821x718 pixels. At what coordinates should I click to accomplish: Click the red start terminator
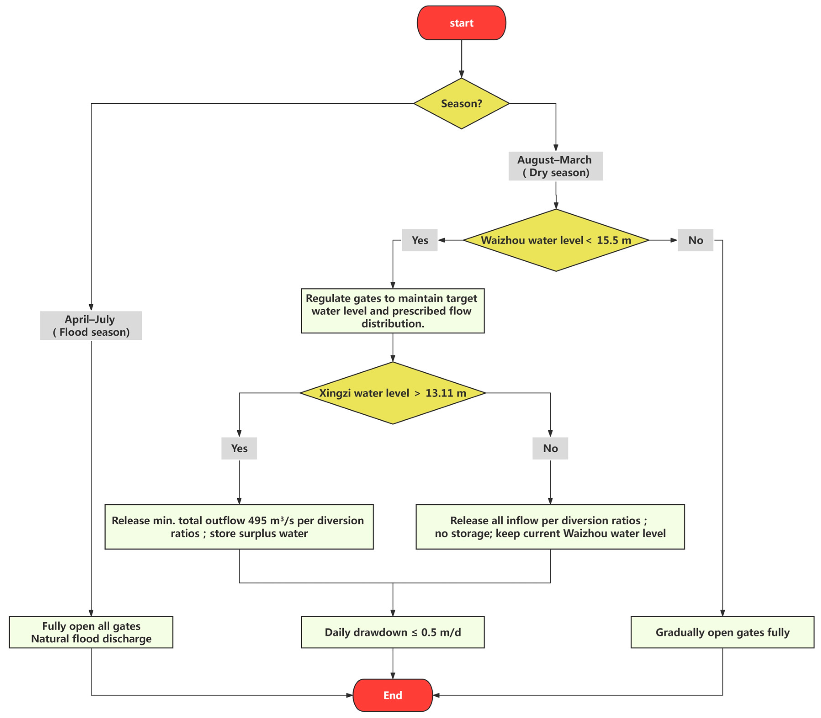(461, 23)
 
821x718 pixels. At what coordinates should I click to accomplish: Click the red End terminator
(393, 695)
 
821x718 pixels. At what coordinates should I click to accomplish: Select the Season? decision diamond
(461, 103)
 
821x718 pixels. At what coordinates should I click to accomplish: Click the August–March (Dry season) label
(556, 166)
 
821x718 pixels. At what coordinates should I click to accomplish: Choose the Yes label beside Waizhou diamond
(420, 240)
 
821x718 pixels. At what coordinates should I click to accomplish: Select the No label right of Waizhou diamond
(696, 240)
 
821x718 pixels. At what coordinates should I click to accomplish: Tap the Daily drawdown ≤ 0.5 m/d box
(393, 632)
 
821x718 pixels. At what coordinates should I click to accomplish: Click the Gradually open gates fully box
(722, 632)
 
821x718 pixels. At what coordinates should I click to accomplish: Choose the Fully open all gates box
(91, 632)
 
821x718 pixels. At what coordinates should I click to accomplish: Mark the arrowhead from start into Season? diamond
(461, 74)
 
